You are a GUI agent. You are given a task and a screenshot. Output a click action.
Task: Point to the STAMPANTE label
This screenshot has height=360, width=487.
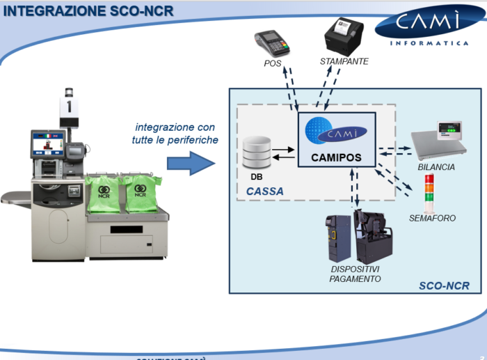[x=344, y=62]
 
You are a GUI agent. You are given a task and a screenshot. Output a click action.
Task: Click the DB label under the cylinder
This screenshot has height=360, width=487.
[x=256, y=177]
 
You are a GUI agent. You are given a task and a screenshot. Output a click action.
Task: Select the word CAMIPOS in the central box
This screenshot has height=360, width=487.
[x=337, y=157]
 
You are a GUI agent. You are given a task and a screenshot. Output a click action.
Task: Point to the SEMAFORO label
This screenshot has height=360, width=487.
[x=433, y=219]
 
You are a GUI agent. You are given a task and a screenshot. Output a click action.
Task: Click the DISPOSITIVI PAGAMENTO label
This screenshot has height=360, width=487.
[x=355, y=274]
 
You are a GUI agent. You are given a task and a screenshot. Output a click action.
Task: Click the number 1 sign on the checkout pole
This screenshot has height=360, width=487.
[x=70, y=106]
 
